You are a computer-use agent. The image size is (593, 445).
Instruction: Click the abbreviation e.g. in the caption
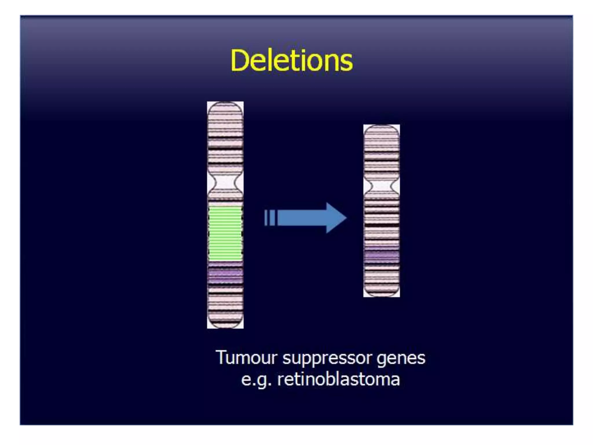coord(256,380)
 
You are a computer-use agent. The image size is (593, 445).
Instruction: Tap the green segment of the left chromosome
coord(225,233)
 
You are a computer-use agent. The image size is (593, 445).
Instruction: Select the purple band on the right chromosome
coord(381,256)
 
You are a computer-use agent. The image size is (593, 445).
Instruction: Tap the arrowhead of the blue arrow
coord(336,218)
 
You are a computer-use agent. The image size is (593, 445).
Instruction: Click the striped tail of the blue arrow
coord(270,218)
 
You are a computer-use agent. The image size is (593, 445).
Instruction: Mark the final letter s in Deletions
coord(346,63)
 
